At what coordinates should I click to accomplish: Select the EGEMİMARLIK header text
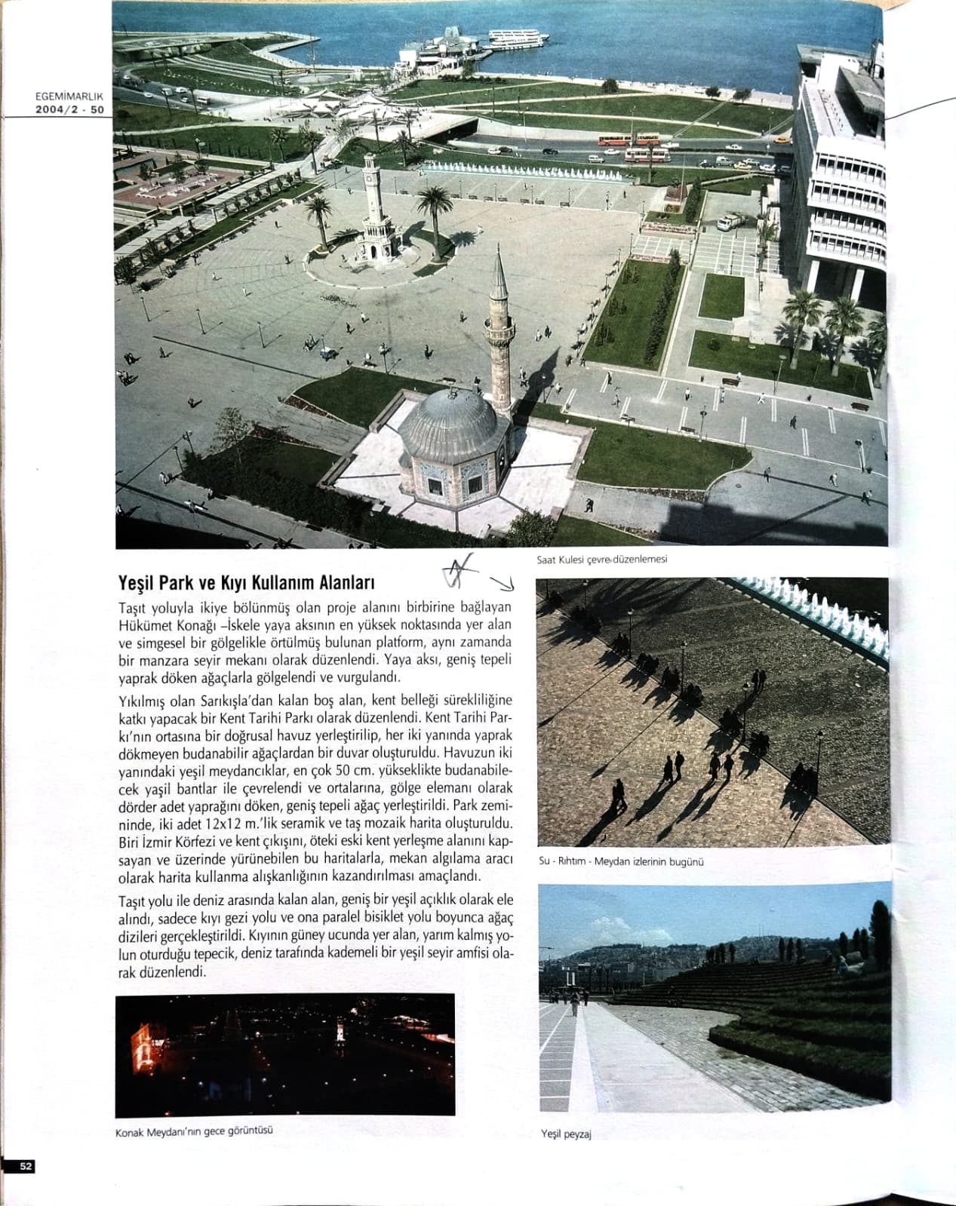pyautogui.click(x=69, y=97)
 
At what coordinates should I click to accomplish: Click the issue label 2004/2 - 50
pyautogui.click(x=69, y=109)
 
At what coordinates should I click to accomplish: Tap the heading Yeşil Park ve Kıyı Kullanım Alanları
pyautogui.click(x=247, y=583)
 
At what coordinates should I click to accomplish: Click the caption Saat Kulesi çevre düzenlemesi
pyautogui.click(x=601, y=560)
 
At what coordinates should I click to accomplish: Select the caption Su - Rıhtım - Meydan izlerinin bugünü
pyautogui.click(x=620, y=861)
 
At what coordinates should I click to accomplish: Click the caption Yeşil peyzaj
pyautogui.click(x=565, y=1134)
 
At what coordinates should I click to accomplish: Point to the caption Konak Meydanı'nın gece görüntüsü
pyautogui.click(x=194, y=1131)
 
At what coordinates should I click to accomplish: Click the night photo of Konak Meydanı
pyautogui.click(x=285, y=1054)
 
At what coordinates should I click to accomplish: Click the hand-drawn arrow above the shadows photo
pyautogui.click(x=502, y=583)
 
